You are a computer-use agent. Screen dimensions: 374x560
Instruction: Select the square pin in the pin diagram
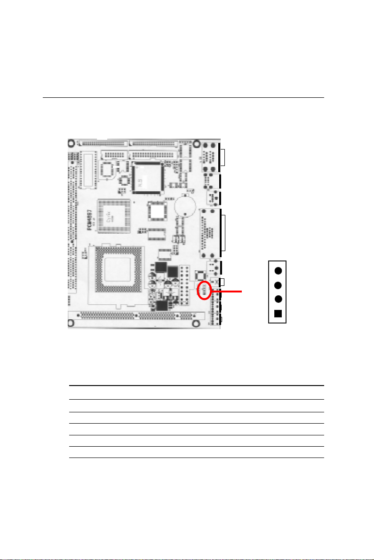click(x=278, y=314)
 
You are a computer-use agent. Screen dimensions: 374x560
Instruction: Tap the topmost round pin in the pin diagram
click(x=278, y=271)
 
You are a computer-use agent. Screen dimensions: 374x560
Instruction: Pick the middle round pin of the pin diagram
click(x=278, y=285)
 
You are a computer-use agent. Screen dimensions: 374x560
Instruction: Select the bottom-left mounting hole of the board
click(x=71, y=323)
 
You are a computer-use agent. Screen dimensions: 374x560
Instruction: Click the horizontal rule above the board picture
click(x=183, y=98)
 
